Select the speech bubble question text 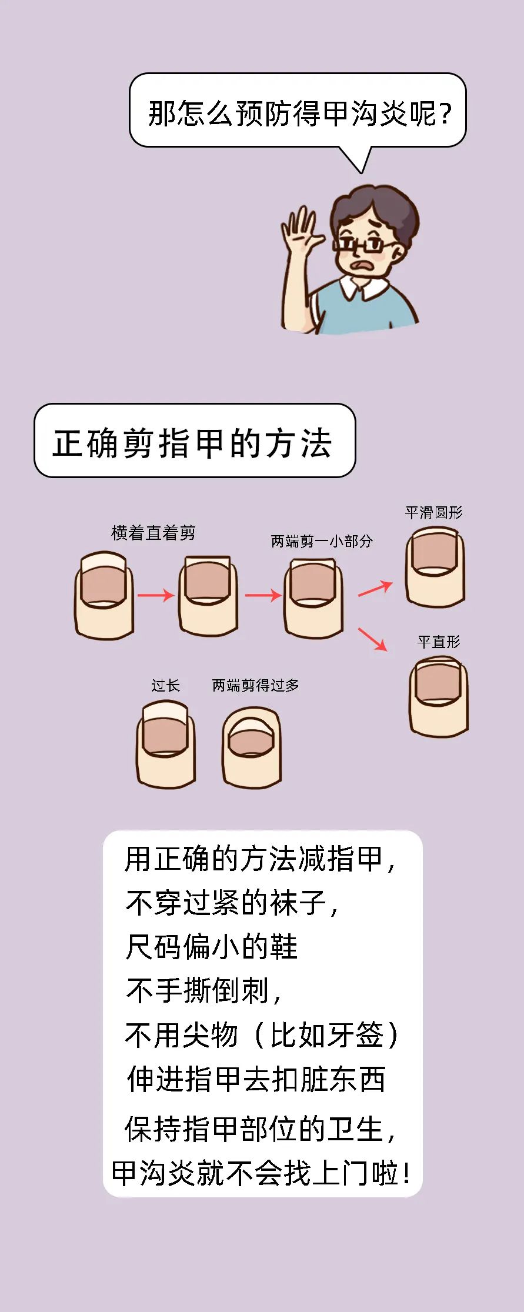pyautogui.click(x=299, y=113)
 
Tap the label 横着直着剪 pyautogui.click(x=153, y=533)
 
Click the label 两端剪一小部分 pyautogui.click(x=322, y=541)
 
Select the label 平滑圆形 pyautogui.click(x=434, y=513)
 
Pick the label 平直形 pyautogui.click(x=439, y=642)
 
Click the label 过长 pyautogui.click(x=165, y=686)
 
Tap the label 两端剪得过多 pyautogui.click(x=255, y=686)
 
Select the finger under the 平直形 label pyautogui.click(x=439, y=696)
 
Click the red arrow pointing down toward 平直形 pyautogui.click(x=373, y=639)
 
